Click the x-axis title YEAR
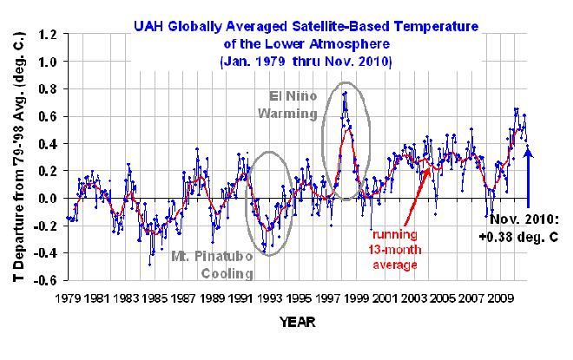(x=298, y=323)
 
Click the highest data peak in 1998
(x=346, y=92)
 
